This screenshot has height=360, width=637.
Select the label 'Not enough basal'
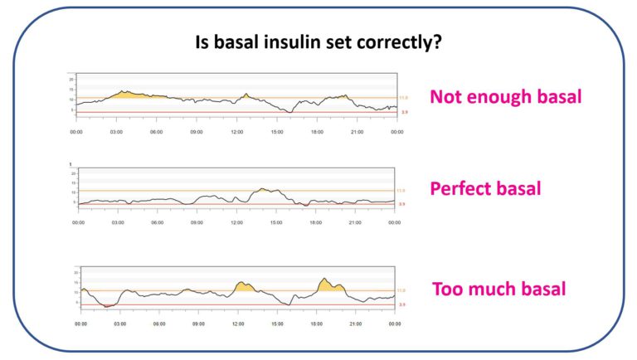[505, 97]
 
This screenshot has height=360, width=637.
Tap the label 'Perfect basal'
[485, 188]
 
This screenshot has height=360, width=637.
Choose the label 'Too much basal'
[499, 289]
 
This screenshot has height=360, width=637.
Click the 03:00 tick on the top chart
[116, 131]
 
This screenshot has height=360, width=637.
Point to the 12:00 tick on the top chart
[237, 131]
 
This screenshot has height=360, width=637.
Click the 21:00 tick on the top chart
[357, 131]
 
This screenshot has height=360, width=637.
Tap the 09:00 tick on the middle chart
[197, 222]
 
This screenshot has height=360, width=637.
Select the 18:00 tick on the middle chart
[316, 222]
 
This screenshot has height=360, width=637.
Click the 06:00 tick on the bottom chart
[158, 324]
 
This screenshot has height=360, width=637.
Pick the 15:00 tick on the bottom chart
[277, 324]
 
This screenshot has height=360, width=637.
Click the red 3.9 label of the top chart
[402, 112]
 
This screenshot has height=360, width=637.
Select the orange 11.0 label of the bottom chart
[401, 291]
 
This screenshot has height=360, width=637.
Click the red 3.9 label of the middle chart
[402, 204]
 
